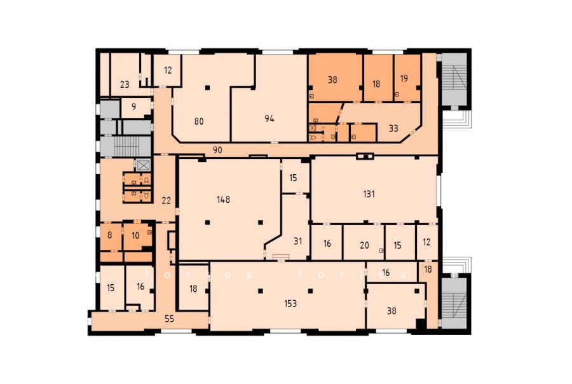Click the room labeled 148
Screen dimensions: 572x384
pyautogui.click(x=223, y=199)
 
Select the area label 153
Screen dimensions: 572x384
pyautogui.click(x=290, y=303)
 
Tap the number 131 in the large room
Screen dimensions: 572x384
pyautogui.click(x=369, y=194)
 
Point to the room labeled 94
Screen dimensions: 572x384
pyautogui.click(x=269, y=119)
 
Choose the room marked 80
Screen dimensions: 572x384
pyautogui.click(x=199, y=121)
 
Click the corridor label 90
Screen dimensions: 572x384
pyautogui.click(x=217, y=150)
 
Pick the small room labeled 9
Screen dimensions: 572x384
pyautogui.click(x=134, y=107)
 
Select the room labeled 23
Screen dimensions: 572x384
pyautogui.click(x=125, y=85)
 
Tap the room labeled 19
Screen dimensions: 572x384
pyautogui.click(x=404, y=78)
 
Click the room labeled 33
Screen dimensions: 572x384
pyautogui.click(x=393, y=128)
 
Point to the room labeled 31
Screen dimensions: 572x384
pyautogui.click(x=297, y=241)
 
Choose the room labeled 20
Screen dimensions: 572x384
pyautogui.click(x=364, y=245)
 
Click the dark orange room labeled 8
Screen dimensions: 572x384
pyautogui.click(x=110, y=235)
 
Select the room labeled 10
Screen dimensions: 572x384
pyautogui.click(x=135, y=236)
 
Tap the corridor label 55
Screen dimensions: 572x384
pyautogui.click(x=169, y=319)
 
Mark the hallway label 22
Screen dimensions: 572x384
pyautogui.click(x=166, y=200)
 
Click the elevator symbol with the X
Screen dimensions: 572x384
pyautogui.click(x=143, y=165)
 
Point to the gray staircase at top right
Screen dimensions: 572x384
pyautogui.click(x=454, y=79)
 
